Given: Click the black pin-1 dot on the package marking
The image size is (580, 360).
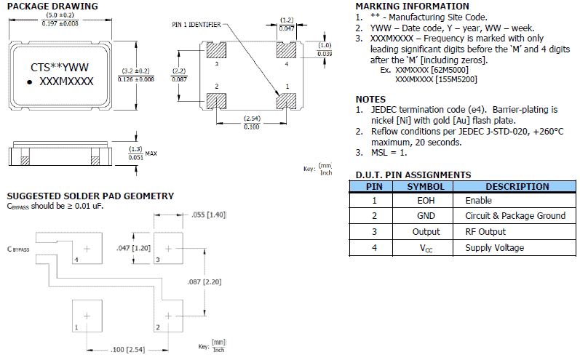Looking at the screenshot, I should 30,83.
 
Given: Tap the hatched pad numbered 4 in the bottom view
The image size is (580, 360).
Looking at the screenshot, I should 286,51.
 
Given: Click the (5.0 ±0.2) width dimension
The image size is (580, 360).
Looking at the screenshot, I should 60,15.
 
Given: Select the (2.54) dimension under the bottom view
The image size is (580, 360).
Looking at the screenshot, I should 250,117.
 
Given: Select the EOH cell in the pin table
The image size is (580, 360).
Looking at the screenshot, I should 424,200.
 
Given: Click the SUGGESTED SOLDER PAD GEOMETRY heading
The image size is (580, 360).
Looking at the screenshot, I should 90,196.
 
